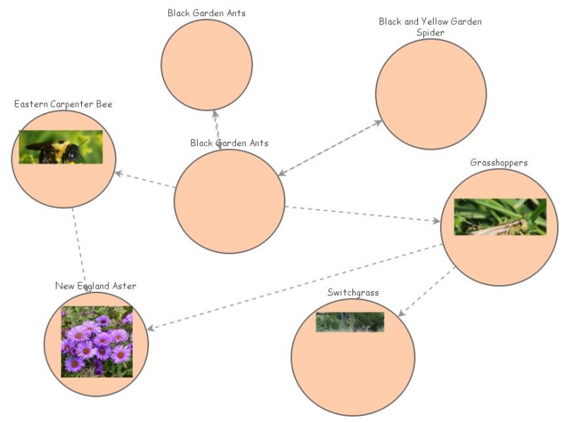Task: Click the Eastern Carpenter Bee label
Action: click(63, 105)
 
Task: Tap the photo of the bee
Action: click(61, 147)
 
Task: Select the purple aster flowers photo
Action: click(97, 342)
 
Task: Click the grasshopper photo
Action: click(500, 217)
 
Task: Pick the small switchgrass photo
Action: click(350, 322)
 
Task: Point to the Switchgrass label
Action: click(353, 292)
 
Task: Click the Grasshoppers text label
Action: click(499, 162)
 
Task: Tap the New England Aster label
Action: click(95, 286)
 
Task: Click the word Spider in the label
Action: click(430, 32)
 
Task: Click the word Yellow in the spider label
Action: click(430, 22)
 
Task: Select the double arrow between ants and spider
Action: click(330, 148)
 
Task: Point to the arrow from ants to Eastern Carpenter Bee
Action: click(145, 180)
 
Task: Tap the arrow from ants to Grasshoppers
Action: click(360, 214)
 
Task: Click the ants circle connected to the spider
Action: click(229, 201)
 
